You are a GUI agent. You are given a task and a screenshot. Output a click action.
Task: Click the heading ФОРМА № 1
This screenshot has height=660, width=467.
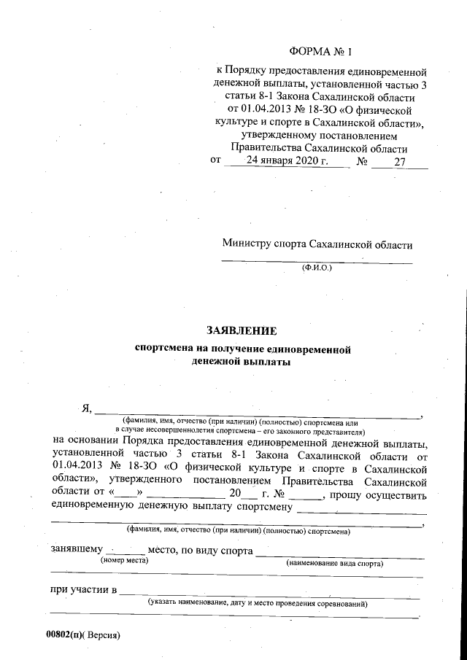tap(320, 52)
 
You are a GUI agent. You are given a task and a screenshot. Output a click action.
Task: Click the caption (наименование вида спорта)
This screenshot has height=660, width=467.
tap(335, 564)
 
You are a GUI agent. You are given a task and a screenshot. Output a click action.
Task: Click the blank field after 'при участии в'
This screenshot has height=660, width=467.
tap(270, 590)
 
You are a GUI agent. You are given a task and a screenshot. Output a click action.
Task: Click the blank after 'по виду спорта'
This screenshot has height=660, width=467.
tap(339, 552)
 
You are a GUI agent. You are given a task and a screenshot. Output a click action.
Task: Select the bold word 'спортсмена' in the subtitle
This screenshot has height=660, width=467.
tap(169, 348)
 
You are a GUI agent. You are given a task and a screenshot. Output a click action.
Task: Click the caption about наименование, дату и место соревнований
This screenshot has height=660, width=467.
tap(257, 604)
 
